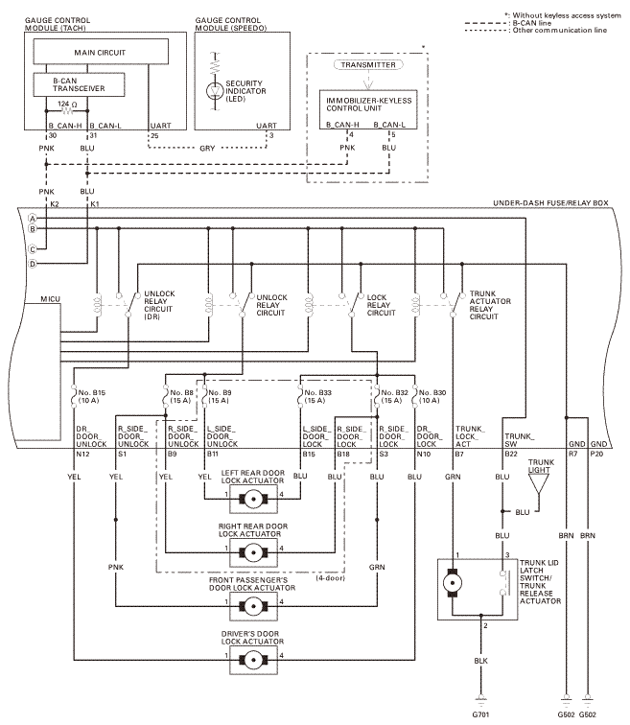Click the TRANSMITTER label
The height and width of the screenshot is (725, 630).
pos(367,65)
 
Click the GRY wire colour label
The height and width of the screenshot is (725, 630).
pos(207,148)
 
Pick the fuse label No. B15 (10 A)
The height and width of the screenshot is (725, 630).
pos(93,396)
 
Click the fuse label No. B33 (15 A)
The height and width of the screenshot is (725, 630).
pos(318,396)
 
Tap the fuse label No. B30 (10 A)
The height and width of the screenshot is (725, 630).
pos(432,396)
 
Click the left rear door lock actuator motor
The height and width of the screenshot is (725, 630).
pos(254,499)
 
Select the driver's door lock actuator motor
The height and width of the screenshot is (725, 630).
pos(254,657)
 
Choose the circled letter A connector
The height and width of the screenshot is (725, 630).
pos(32,219)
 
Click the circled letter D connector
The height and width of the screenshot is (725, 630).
pos(32,263)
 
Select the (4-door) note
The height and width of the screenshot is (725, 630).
pos(332,578)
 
